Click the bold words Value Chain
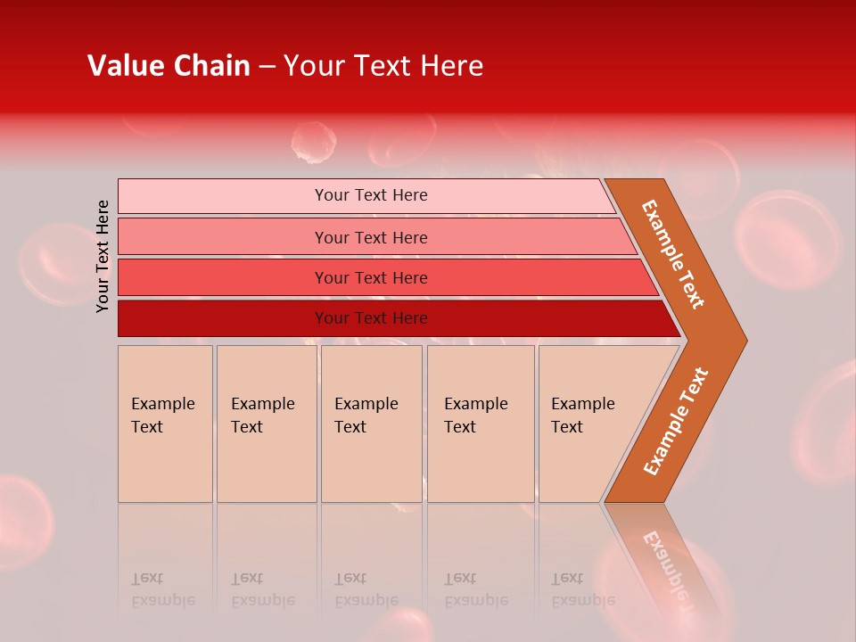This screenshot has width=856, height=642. (169, 66)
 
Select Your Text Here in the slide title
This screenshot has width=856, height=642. (383, 66)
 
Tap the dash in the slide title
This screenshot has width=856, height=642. (266, 67)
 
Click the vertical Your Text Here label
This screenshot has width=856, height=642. (103, 256)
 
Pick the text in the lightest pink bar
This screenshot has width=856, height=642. (371, 195)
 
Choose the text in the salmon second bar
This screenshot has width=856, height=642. (371, 237)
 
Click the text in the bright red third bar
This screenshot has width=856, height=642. (371, 278)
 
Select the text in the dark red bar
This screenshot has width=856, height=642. (371, 318)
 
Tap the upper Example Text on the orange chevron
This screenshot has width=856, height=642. (673, 254)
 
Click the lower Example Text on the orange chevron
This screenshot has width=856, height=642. (676, 422)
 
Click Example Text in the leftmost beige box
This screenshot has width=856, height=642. (162, 415)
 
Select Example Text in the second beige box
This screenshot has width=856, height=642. (262, 415)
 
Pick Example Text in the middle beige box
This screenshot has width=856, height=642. (366, 415)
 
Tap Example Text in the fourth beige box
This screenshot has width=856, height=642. (475, 415)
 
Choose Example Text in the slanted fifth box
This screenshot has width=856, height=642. (582, 415)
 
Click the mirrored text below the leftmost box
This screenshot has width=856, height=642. (162, 589)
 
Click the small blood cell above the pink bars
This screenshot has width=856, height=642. (314, 143)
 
